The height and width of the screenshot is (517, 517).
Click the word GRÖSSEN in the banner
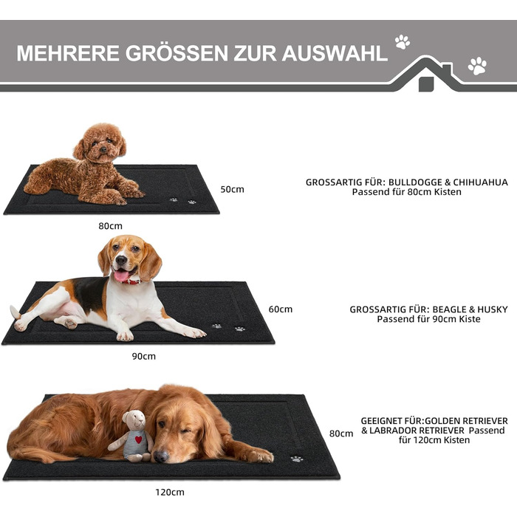pyautogui.click(x=177, y=53)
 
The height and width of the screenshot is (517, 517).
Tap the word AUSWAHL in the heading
pyautogui.click(x=335, y=53)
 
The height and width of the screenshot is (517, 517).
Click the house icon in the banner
pyautogui.click(x=428, y=75)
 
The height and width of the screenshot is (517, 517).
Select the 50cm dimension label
pyautogui.click(x=232, y=189)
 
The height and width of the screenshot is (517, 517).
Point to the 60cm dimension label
pyautogui.click(x=280, y=309)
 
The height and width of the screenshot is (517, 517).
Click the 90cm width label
pyautogui.click(x=144, y=357)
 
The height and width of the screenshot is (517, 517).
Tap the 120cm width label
pyautogui.click(x=170, y=493)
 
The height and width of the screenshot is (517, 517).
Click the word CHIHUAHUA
pyautogui.click(x=480, y=182)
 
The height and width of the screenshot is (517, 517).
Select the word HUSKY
pyautogui.click(x=493, y=309)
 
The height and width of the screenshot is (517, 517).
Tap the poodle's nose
pyautogui.click(x=103, y=150)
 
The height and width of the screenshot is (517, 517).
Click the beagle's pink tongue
pyautogui.click(x=121, y=275)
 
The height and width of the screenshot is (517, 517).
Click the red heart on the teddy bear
pyautogui.click(x=139, y=439)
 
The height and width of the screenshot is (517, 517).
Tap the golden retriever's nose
pyautogui.click(x=161, y=456)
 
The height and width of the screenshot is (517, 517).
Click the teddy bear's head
pyautogui.click(x=134, y=420)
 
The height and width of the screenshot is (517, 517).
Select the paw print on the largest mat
pyautogui.click(x=297, y=459)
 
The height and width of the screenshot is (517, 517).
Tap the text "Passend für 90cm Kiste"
pyautogui.click(x=428, y=319)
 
